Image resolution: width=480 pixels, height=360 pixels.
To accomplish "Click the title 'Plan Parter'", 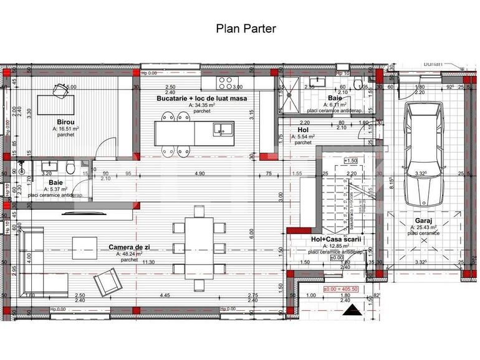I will click(245, 28).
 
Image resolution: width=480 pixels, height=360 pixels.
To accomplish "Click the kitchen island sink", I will click(221, 129).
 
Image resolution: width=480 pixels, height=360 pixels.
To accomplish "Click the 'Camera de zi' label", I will click(130, 247).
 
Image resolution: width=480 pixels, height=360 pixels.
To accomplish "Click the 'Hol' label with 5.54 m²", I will click(304, 130).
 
